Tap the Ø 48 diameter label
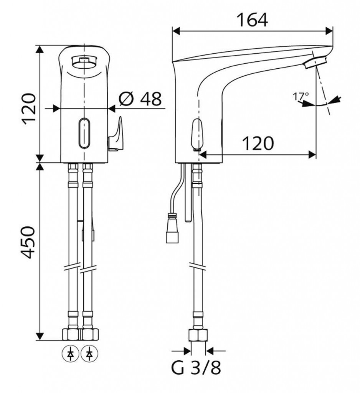pos(140,99)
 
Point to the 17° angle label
pos(301,96)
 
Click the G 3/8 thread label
pos(196,368)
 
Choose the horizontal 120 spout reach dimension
pos(258,144)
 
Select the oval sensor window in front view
pos(84,133)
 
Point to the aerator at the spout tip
pos(315,63)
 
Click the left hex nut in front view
pos(71,334)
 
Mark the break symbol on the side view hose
pos(198,266)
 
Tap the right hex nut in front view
pos(89,334)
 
